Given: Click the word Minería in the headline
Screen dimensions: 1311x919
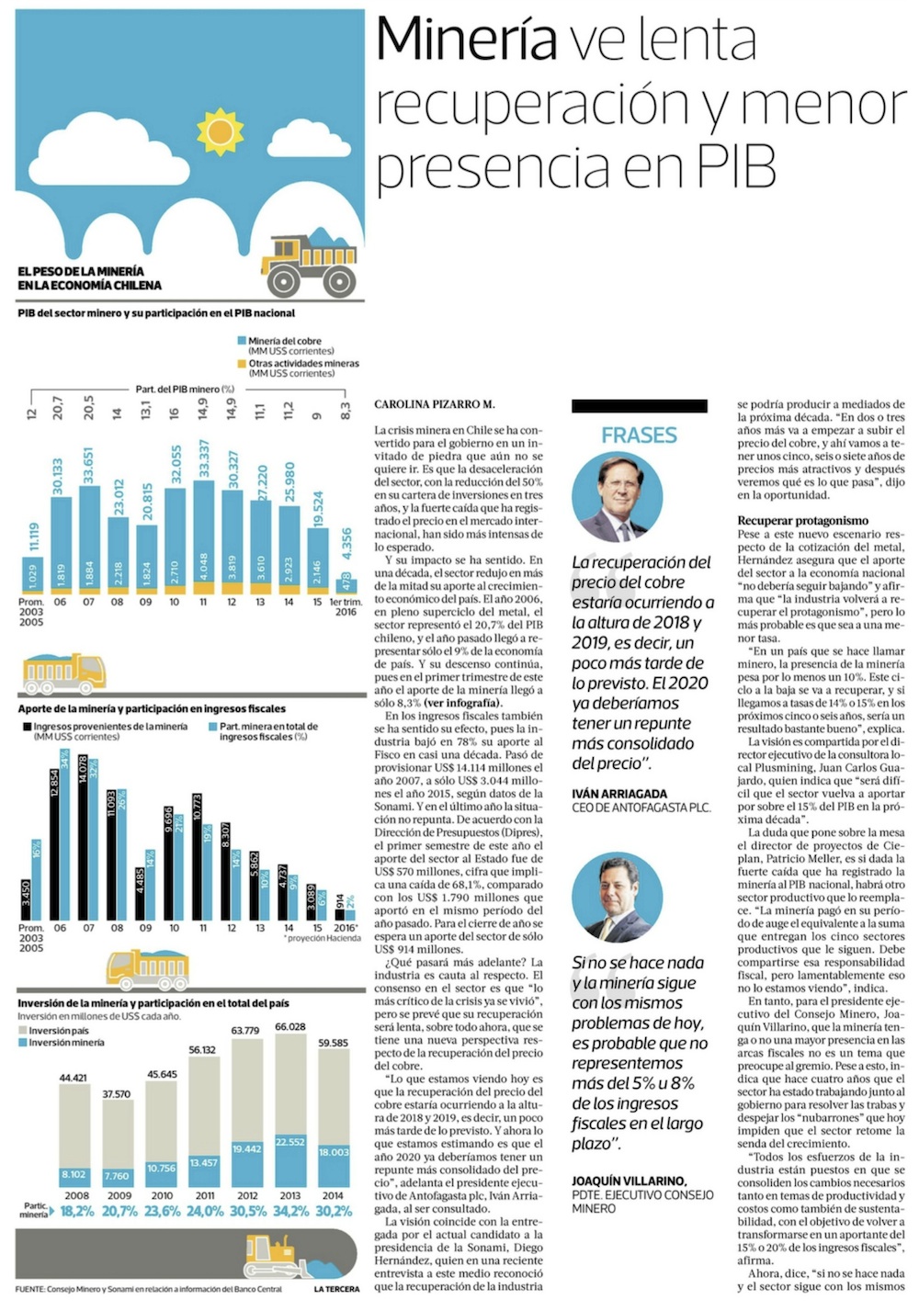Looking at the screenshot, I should pos(467,40).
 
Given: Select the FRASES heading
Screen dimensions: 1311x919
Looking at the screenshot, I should pos(639,435).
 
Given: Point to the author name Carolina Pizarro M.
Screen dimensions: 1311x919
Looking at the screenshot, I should pos(435,404).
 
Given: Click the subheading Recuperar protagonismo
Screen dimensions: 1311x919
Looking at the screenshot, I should pos(802,521).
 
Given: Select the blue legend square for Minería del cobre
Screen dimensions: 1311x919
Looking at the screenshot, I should pos(242,341).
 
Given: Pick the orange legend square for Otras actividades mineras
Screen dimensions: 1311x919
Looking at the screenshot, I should pos(242,364).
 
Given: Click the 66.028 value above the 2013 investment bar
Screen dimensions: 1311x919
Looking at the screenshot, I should pos(290,1027).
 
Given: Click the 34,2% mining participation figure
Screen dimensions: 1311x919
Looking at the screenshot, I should pos(290,1211).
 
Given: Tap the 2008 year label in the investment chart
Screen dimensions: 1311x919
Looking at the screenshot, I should pos(76,1195).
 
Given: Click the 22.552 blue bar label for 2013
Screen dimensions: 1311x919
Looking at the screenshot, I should pos(290,1142).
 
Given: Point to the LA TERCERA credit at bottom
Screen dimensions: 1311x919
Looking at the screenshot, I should pos(336,1289).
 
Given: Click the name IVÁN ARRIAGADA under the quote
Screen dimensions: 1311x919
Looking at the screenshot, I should pos(619,794).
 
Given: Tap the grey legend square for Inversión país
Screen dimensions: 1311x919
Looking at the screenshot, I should pos(23,1031).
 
